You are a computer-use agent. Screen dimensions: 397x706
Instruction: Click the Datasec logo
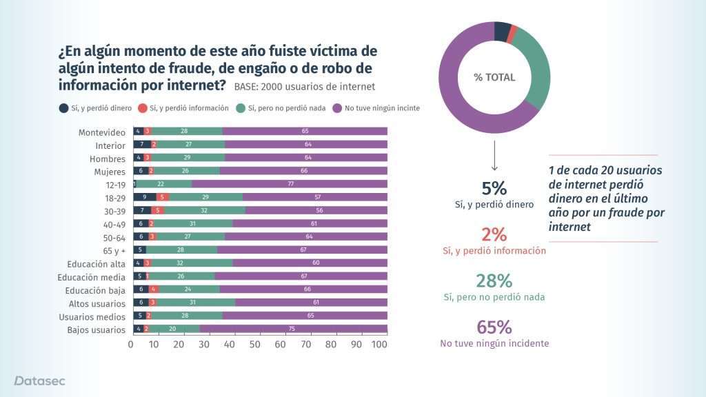40,380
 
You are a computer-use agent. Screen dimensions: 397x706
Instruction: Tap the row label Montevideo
102,132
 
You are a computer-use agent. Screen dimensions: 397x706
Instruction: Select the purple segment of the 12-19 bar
290,184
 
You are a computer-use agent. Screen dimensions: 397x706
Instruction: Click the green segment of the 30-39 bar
205,210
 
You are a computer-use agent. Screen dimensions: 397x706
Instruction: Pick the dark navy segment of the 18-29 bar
145,197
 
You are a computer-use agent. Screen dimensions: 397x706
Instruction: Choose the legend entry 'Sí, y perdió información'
183,108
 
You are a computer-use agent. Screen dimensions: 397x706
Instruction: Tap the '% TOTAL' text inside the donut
494,77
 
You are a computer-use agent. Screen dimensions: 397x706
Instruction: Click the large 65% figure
494,327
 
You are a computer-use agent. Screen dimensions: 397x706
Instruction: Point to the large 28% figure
494,281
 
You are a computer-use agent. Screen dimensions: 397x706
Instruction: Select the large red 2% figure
494,234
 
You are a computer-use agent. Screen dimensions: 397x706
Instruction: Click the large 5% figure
494,188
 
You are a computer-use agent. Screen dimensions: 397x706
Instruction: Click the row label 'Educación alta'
97,264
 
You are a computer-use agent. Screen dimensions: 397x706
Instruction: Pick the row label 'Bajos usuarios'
97,329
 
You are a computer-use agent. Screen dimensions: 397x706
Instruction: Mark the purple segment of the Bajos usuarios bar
293,329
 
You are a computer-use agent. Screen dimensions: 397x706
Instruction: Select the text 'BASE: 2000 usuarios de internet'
304,87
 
